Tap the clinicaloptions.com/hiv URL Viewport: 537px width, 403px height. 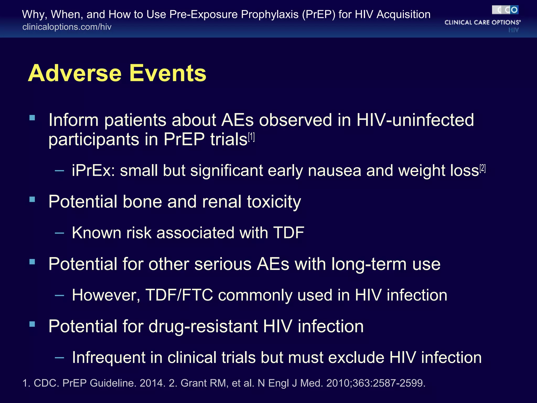[x=67, y=27]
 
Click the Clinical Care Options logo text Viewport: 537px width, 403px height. [x=482, y=23]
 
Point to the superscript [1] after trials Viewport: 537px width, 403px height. [x=251, y=137]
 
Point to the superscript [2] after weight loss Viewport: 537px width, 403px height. [x=482, y=168]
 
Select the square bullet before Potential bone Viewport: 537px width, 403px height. [x=32, y=200]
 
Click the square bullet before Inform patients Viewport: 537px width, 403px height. [x=32, y=118]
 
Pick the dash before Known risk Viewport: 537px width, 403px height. [x=60, y=233]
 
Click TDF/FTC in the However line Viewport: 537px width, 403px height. [x=179, y=295]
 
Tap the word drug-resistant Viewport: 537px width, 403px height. [x=203, y=326]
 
